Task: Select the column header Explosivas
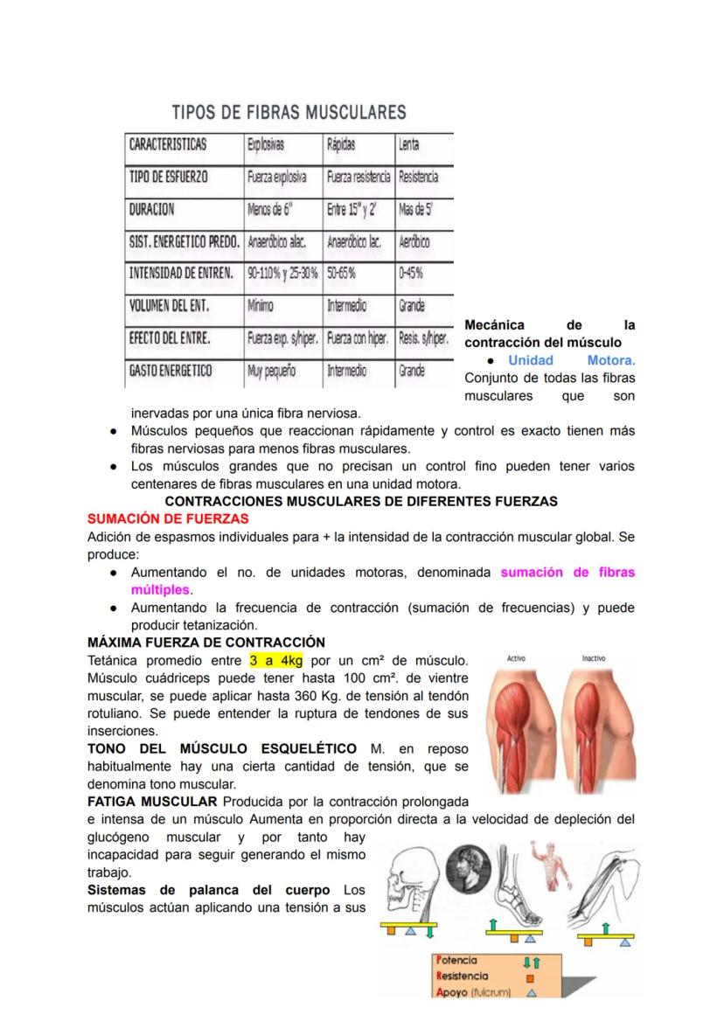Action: pyautogui.click(x=266, y=144)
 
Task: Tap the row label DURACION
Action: pyautogui.click(x=152, y=209)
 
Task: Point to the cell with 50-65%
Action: pyautogui.click(x=342, y=274)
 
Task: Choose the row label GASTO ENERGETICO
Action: pyautogui.click(x=171, y=371)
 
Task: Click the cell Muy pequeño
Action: pyautogui.click(x=271, y=371)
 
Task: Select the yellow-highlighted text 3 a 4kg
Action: pyautogui.click(x=275, y=659)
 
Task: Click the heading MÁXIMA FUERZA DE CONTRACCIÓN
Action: pyautogui.click(x=206, y=642)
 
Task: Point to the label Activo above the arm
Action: pyautogui.click(x=516, y=658)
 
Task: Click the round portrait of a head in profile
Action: pyautogui.click(x=468, y=868)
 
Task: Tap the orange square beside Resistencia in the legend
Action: pyautogui.click(x=530, y=977)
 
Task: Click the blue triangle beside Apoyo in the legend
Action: pyautogui.click(x=530, y=992)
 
